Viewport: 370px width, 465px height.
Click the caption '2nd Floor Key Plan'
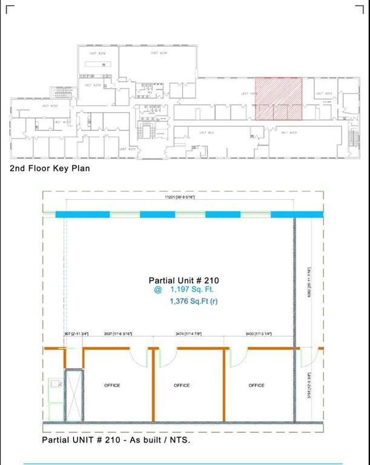[50, 168]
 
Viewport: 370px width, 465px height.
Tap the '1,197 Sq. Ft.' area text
[191, 290]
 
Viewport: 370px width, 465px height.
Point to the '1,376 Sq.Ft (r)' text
[194, 301]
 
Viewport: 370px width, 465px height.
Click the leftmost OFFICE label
[112, 385]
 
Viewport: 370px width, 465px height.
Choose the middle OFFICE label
[182, 385]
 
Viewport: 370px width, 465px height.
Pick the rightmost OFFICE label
[256, 385]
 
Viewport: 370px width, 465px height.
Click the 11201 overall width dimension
[180, 197]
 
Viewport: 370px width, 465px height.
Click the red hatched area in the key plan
[278, 98]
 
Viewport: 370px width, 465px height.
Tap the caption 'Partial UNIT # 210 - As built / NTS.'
[116, 440]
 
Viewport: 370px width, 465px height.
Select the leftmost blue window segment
[82, 214]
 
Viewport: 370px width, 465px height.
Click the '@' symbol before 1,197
[157, 290]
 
